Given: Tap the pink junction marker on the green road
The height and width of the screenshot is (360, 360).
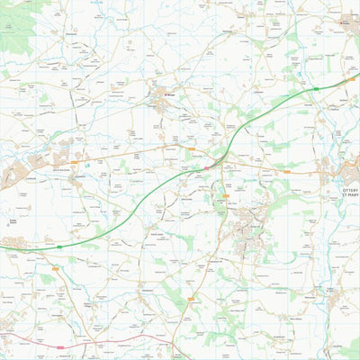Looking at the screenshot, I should [x=206, y=167].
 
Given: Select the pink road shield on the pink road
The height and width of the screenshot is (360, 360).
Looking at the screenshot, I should [x=60, y=346].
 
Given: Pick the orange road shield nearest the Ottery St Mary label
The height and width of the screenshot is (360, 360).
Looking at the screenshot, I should [x=287, y=171].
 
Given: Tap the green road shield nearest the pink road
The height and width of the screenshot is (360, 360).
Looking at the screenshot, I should [x=59, y=246].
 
